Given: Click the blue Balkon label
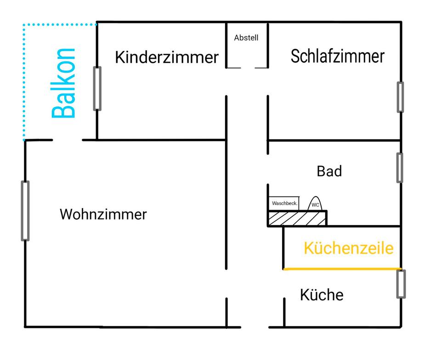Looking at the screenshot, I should (63, 83).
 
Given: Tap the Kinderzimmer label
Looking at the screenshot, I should (166, 57).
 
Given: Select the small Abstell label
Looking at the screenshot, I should (246, 38).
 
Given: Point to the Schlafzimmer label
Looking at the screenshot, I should (337, 56).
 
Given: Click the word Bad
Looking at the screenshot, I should (329, 171).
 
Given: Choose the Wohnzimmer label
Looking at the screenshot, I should (103, 214).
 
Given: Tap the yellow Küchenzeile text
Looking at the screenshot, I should (349, 248).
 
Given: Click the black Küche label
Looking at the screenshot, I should (322, 295).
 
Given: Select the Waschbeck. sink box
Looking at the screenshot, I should (284, 203).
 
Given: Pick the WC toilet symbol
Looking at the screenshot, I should (316, 203).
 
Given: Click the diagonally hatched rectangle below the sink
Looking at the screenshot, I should (297, 218).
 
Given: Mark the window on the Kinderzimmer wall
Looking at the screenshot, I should (97, 88).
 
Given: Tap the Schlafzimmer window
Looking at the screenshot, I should (401, 97).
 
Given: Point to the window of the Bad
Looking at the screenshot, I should (400, 168).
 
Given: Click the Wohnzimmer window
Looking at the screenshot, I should (25, 211).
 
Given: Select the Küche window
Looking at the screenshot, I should (401, 284).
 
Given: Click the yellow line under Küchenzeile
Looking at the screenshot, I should (342, 269).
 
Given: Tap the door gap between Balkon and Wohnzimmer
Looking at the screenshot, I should (67, 140).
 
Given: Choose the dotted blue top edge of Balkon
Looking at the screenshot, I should (60, 24).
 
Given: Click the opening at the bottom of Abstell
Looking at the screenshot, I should (247, 68).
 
